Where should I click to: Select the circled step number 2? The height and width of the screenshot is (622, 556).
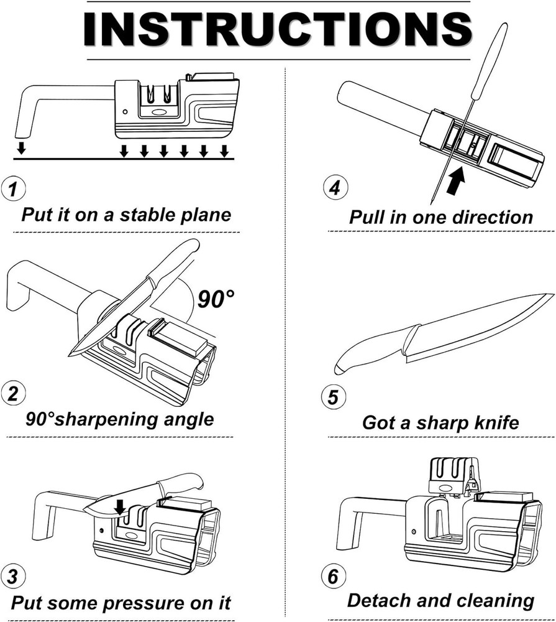tap(12, 394)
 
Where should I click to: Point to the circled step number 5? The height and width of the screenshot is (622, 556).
tap(334, 397)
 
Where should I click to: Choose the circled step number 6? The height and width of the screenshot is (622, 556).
tap(334, 576)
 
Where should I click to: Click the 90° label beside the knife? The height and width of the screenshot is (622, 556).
tap(216, 299)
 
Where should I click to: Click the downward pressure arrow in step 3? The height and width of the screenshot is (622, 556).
tap(120, 506)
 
